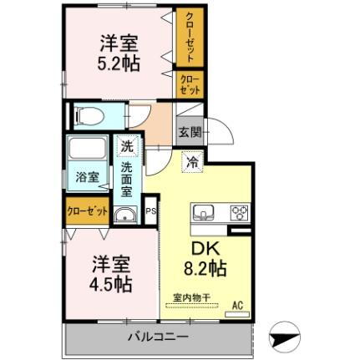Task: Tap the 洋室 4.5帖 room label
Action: [111, 273]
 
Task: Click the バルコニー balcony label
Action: [158, 338]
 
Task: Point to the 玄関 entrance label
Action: [187, 131]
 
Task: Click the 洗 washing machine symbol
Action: [126, 145]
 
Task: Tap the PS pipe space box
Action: [150, 211]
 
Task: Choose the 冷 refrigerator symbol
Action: [191, 161]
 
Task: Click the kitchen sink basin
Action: [205, 213]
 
